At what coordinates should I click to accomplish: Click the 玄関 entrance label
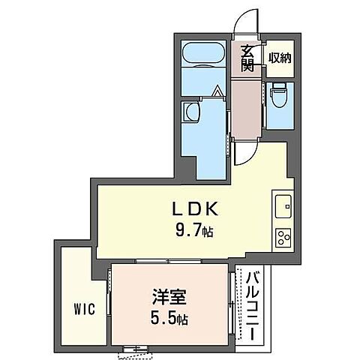point(247,58)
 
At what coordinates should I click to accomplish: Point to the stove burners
point(283,238)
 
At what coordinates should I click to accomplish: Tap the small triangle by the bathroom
point(217,93)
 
